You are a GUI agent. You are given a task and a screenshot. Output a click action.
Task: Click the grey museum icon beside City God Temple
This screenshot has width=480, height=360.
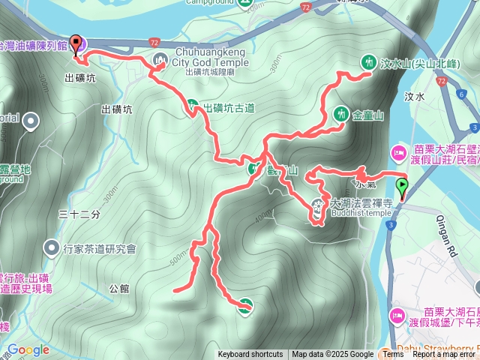[159, 59]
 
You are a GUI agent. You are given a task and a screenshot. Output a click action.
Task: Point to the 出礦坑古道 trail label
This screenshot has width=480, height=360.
[229, 108]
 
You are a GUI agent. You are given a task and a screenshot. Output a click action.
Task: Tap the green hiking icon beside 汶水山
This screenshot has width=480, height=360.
[367, 62]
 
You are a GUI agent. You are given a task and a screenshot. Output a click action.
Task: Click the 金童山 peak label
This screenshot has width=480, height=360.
[367, 115]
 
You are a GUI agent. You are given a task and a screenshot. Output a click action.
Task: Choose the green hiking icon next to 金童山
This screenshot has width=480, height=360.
[340, 114]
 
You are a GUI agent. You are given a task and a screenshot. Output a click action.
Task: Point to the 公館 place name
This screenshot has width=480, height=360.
[118, 287]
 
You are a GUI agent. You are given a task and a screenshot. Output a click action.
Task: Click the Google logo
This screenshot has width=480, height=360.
[28, 349]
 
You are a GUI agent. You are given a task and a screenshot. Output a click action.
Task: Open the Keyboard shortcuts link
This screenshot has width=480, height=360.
[250, 355]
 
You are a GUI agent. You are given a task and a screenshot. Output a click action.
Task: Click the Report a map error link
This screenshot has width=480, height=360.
[445, 355]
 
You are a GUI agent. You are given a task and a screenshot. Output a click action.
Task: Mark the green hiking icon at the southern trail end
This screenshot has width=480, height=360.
[244, 304]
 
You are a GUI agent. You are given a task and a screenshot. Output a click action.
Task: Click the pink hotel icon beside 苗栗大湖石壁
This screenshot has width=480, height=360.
[397, 154]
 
